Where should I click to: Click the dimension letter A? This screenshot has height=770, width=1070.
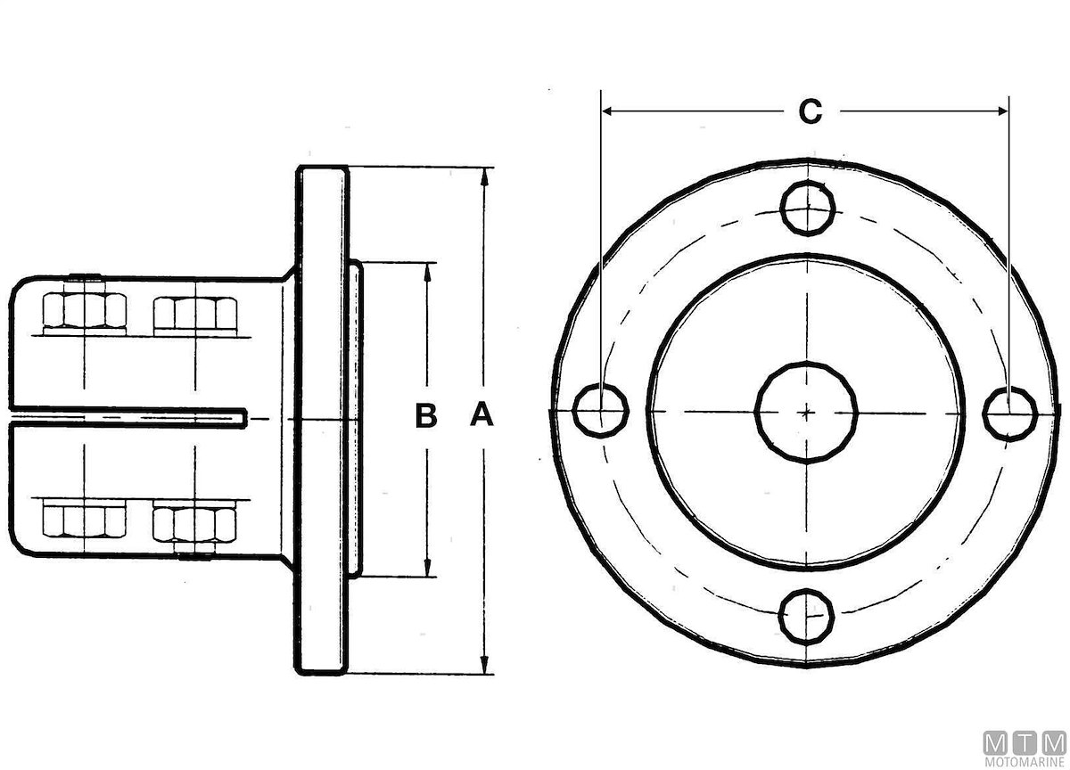click(482, 414)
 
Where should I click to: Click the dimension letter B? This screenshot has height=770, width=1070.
click(426, 414)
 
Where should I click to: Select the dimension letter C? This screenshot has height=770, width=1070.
click(811, 111)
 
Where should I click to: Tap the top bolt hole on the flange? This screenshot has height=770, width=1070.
click(808, 209)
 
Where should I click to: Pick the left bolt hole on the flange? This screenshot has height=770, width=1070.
click(601, 410)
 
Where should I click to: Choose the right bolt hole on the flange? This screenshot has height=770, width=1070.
click(1009, 414)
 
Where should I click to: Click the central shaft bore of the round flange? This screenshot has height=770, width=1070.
click(806, 413)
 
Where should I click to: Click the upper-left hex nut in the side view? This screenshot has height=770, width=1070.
click(85, 311)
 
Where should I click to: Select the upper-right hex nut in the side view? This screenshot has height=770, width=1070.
click(195, 313)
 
